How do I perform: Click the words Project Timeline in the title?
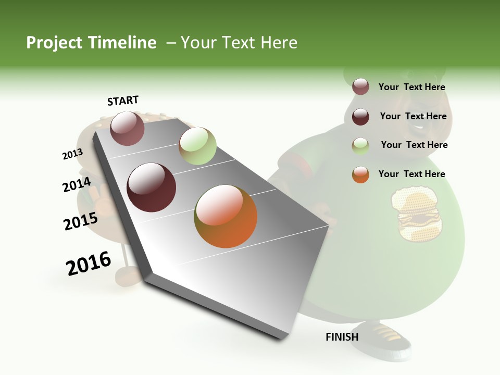[x=91, y=43]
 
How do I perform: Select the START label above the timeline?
[x=123, y=101]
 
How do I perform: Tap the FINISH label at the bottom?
[x=342, y=337]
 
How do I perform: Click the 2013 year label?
[x=72, y=154]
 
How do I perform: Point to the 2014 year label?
[x=77, y=185]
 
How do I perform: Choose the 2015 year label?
[x=81, y=221]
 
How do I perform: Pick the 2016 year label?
[x=89, y=264]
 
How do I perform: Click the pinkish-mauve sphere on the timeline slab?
[x=127, y=128]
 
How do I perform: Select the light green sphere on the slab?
[x=197, y=146]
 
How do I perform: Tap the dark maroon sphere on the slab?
[x=152, y=187]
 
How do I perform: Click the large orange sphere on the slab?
[x=226, y=216]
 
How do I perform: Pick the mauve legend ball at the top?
[x=360, y=87]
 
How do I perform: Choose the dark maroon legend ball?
[x=360, y=117]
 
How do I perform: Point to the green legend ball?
[x=360, y=146]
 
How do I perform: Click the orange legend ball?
[x=360, y=174]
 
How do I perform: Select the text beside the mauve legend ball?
[x=411, y=87]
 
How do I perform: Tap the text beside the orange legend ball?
[x=411, y=174]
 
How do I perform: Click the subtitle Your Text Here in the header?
[x=239, y=43]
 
